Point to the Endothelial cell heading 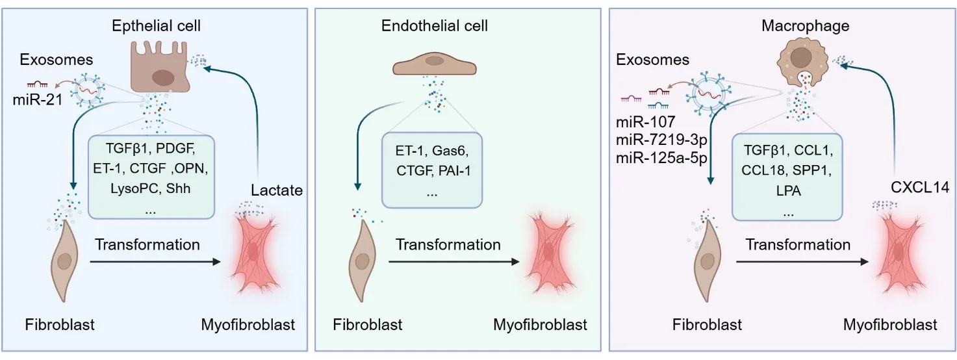435,27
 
